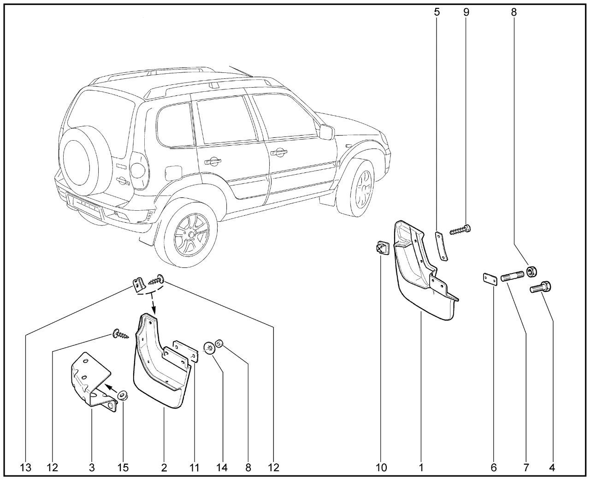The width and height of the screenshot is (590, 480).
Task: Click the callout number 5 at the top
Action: tap(437, 12)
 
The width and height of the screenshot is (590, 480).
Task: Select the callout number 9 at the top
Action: tap(466, 12)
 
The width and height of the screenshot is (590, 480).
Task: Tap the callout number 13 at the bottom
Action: tap(26, 468)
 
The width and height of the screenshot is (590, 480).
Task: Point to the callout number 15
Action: tap(123, 468)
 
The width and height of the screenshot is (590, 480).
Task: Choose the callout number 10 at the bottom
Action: tap(381, 468)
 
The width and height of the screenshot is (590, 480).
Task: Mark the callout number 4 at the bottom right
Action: tap(552, 468)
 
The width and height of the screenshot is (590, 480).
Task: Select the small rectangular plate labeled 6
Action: tap(489, 279)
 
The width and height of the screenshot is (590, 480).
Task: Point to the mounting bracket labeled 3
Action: tap(90, 379)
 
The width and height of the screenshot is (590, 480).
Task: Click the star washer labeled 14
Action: tap(210, 347)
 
